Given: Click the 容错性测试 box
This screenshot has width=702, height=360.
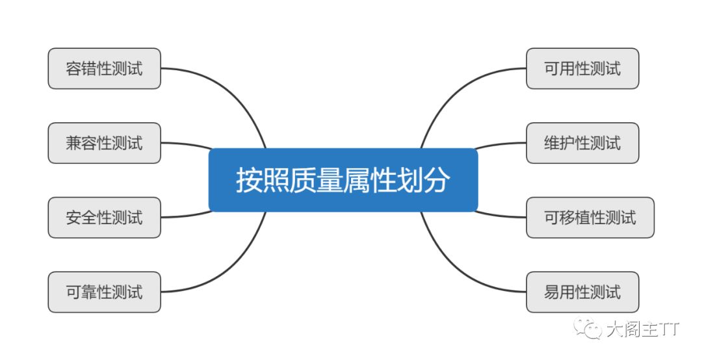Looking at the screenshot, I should point(104,68).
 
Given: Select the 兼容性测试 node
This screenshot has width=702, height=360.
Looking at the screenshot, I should point(104,143).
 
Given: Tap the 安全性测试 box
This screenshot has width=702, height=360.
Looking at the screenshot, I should point(104,217).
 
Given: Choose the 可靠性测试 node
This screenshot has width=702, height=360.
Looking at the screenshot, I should point(104,292).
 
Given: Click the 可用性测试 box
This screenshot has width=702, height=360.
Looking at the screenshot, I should point(582,68).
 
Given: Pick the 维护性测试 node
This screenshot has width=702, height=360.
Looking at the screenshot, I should point(582,143).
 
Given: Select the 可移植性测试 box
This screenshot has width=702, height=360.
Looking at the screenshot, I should point(590,217).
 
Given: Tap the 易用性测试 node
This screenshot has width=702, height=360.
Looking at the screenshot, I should point(582,292).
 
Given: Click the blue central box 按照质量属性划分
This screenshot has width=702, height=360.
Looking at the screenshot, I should point(343,180).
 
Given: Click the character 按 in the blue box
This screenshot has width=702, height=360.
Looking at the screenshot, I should point(248,180).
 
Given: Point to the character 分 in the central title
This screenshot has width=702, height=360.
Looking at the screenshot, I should point(437,180).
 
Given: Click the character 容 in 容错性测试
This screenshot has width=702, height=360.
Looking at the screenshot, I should point(73,68).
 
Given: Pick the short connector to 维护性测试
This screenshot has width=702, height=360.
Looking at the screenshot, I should point(500,144).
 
